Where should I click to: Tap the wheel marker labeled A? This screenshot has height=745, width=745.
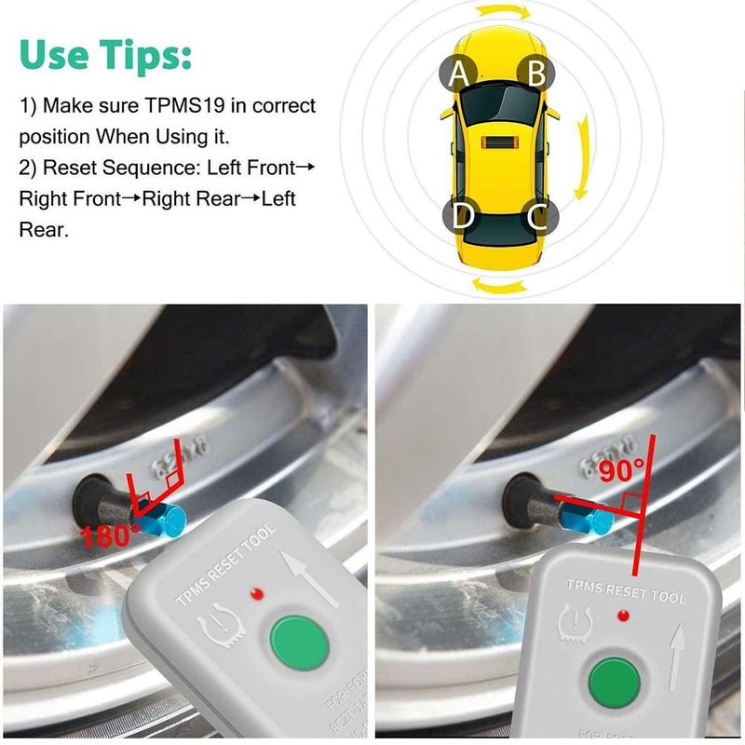click(457, 72)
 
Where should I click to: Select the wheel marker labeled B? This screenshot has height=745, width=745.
click(536, 72)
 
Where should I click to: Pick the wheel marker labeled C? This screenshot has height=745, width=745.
click(537, 216)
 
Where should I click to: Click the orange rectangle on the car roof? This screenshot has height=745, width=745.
click(498, 145)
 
